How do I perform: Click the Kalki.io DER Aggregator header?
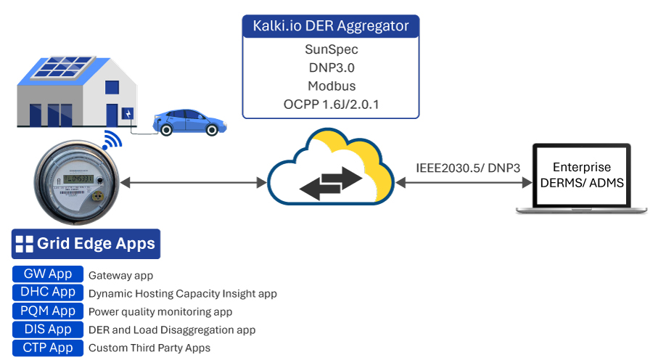click(331, 27)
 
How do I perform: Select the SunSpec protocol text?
click(331, 50)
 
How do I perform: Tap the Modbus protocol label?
click(331, 86)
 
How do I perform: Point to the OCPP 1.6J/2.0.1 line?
click(331, 105)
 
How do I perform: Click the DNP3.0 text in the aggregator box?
click(331, 67)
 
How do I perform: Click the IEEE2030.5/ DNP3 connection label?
click(468, 168)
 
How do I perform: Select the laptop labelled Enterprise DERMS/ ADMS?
click(581, 178)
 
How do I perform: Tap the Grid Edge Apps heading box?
click(86, 244)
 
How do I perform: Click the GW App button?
click(48, 274)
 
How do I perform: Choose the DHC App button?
click(48, 292)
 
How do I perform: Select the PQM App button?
click(48, 311)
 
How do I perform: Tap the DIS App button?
click(48, 330)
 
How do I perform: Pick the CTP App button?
click(48, 348)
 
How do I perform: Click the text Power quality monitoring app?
click(160, 312)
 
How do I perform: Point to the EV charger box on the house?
click(128, 114)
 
